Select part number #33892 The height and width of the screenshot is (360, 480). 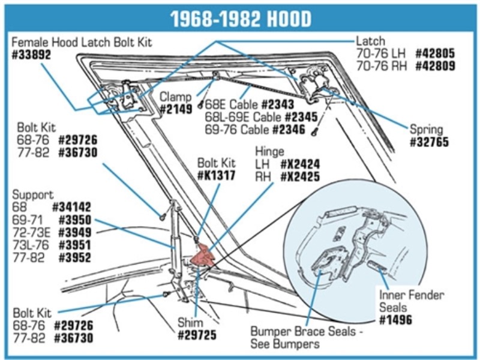click(x=31, y=55)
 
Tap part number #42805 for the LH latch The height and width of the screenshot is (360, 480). click(x=434, y=53)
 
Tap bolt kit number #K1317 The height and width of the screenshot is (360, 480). click(x=216, y=176)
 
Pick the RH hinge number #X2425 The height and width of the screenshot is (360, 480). click(x=299, y=177)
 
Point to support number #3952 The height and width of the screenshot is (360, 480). click(x=75, y=259)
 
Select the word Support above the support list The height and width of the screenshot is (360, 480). click(x=33, y=196)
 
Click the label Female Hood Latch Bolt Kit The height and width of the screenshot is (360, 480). click(x=82, y=42)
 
